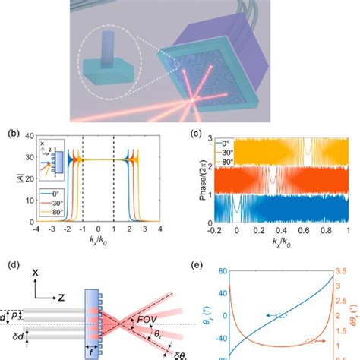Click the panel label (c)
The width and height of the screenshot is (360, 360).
(x=193, y=130)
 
